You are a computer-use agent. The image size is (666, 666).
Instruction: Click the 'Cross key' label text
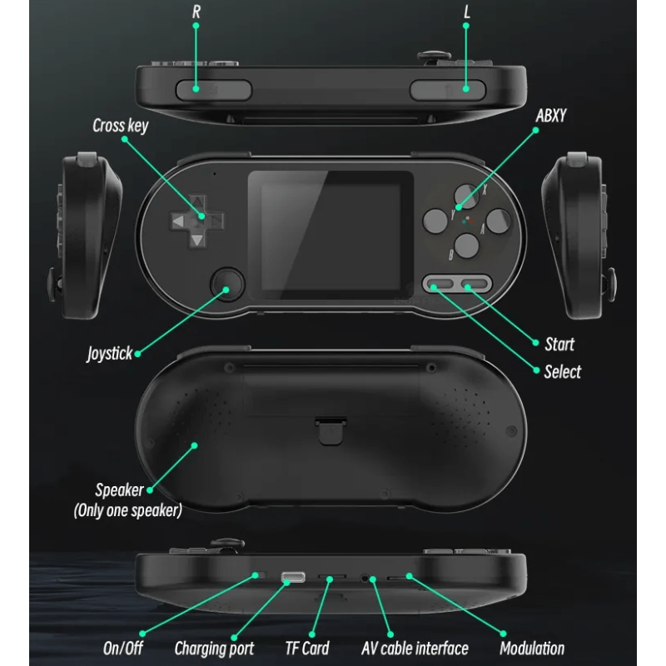click(121, 126)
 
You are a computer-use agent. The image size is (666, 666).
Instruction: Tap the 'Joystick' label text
click(110, 353)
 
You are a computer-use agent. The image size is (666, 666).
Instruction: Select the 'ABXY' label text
click(551, 116)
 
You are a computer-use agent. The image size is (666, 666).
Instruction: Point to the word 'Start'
click(559, 344)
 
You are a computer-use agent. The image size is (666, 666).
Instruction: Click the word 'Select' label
click(563, 371)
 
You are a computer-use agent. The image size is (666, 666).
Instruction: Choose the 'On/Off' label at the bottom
click(122, 649)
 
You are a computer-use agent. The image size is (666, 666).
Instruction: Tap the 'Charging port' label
click(214, 649)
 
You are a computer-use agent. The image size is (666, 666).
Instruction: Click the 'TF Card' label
click(307, 649)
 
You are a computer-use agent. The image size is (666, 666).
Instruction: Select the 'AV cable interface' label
click(415, 649)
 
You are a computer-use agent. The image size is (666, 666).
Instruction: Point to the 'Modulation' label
click(532, 649)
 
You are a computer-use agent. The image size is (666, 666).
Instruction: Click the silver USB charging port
click(293, 577)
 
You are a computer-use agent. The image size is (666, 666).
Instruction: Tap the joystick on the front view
click(227, 284)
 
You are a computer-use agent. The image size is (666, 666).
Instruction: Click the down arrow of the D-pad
click(197, 241)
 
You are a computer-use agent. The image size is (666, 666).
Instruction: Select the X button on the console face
click(466, 196)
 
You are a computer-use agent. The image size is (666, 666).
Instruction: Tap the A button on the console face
click(498, 221)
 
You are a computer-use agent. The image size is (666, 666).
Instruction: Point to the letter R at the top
click(196, 12)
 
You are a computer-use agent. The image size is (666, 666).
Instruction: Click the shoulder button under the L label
click(447, 90)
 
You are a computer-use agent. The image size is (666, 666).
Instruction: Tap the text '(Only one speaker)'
click(128, 510)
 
